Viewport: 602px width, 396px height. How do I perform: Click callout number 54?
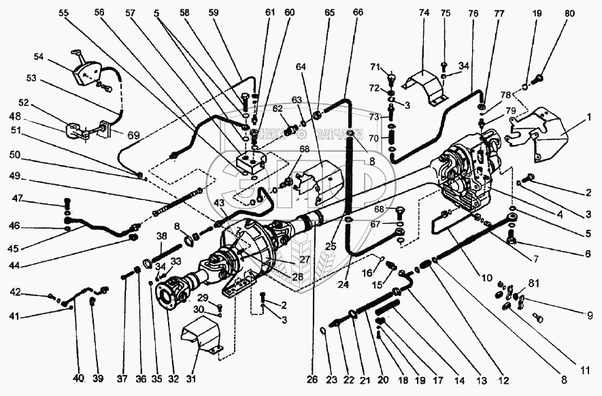tap(38, 57)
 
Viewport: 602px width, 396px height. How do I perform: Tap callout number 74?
tap(423, 12)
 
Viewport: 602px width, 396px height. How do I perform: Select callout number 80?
tap(569, 12)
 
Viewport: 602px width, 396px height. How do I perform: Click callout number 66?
tap(358, 12)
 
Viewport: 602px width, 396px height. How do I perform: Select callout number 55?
tap(63, 12)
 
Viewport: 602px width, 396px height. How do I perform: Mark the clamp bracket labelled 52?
tap(78, 129)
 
